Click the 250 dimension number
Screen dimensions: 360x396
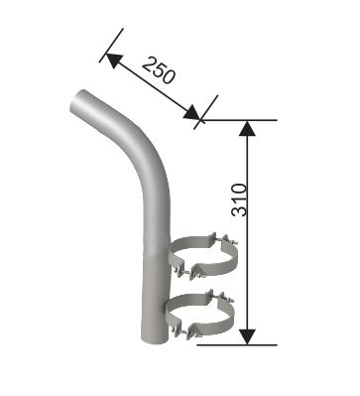pos(159,70)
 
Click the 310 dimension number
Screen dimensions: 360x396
pos(239,199)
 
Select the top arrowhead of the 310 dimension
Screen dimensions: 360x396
pos(247,128)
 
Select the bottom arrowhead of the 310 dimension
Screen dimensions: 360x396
pos(247,337)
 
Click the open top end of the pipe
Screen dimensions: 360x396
pos(76,101)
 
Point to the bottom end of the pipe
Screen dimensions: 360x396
pos(155,340)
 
